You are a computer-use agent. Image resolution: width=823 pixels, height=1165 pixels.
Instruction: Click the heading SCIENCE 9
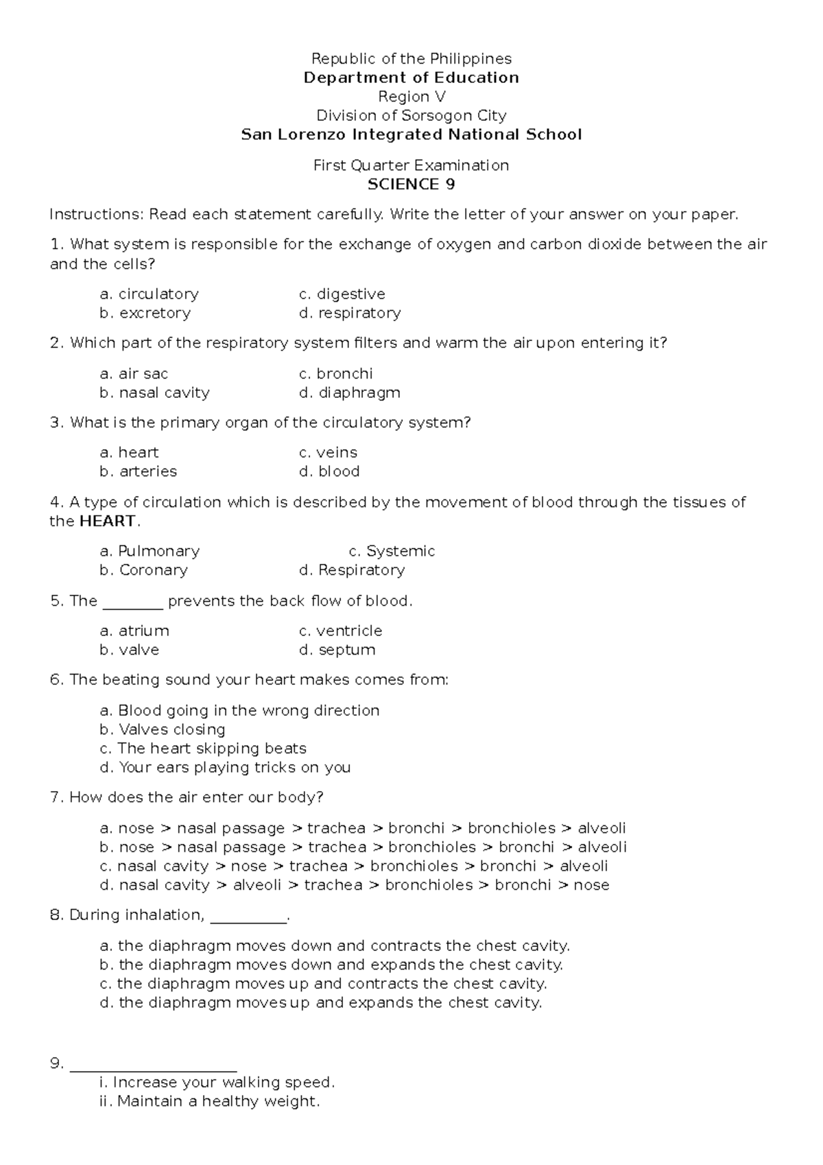click(x=411, y=184)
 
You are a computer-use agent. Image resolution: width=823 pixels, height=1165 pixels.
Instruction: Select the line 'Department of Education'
click(x=411, y=78)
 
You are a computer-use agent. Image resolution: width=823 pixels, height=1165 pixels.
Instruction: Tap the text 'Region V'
click(x=411, y=97)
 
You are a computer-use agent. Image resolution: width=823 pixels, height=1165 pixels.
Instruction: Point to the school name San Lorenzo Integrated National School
click(x=411, y=134)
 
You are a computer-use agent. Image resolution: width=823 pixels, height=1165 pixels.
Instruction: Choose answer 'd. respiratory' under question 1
click(x=350, y=313)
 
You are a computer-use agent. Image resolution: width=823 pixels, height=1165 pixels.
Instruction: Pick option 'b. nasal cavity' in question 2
click(x=154, y=392)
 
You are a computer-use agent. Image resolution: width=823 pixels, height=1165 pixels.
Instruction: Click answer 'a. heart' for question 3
click(x=129, y=452)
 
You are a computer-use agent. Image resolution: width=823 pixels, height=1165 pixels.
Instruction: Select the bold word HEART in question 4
click(x=108, y=521)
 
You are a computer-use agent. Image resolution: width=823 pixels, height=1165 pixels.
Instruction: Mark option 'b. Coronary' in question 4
click(x=143, y=570)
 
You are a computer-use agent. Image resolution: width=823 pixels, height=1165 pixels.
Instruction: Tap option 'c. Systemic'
click(x=392, y=551)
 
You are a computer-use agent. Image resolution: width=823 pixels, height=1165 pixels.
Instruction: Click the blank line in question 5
click(x=132, y=604)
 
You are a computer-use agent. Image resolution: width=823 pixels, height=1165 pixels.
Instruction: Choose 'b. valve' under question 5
click(x=129, y=650)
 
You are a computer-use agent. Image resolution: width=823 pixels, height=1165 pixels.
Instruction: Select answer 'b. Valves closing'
click(x=162, y=729)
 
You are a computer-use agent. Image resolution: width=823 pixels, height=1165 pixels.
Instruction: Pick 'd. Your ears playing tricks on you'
click(x=225, y=767)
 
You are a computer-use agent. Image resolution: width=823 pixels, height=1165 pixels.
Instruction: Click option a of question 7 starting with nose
click(x=362, y=828)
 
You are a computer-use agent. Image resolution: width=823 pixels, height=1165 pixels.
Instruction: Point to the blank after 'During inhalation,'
click(x=248, y=918)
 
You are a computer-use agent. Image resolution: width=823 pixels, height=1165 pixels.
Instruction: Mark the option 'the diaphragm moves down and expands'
click(x=331, y=965)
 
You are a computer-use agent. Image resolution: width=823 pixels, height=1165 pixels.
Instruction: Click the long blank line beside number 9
click(x=153, y=1066)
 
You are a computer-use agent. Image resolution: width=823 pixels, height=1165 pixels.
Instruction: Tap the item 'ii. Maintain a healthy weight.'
click(x=209, y=1101)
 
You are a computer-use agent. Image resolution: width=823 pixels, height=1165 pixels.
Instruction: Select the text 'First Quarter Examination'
click(x=411, y=165)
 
